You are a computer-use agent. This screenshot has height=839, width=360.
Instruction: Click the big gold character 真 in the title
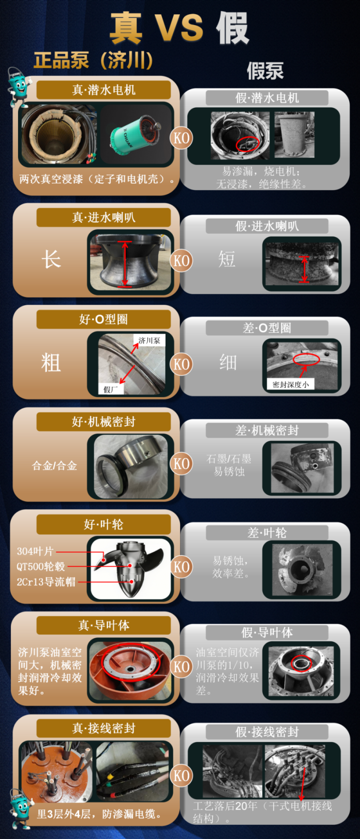click(126, 28)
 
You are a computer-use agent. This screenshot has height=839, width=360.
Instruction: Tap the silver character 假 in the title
click(232, 28)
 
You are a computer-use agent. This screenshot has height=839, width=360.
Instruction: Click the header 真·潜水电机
click(104, 90)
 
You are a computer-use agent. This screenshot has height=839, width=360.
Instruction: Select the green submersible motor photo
click(136, 134)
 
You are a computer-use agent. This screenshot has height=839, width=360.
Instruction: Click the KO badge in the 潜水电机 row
click(181, 138)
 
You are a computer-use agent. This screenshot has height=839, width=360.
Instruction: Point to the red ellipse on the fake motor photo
click(247, 143)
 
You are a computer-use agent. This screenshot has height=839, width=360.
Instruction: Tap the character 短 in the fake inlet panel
click(227, 259)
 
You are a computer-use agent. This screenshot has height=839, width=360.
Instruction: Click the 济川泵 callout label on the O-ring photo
click(149, 341)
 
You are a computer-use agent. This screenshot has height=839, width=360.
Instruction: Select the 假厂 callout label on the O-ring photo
click(111, 389)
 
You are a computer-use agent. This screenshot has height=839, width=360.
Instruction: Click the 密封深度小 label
click(290, 384)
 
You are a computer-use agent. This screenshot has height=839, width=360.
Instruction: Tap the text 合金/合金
click(54, 466)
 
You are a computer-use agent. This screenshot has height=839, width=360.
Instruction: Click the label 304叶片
click(35, 551)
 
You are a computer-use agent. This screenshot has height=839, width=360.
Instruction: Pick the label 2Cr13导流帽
click(46, 582)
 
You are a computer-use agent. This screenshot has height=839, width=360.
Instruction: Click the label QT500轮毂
click(41, 566)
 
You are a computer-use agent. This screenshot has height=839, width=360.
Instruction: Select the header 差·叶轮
click(267, 533)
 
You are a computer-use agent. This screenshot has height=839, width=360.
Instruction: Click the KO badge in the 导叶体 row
click(181, 667)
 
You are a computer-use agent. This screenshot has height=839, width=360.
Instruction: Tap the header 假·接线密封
click(267, 732)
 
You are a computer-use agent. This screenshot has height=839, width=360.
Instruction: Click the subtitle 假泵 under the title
click(265, 71)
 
